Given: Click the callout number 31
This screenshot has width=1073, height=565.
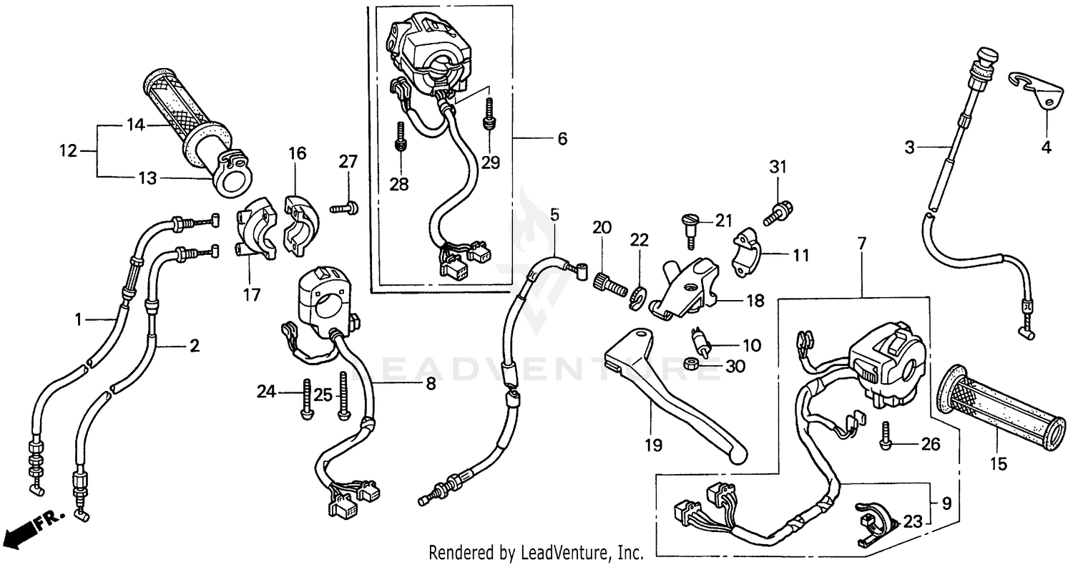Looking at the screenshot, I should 777,167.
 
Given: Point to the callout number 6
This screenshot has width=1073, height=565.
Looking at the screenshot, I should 562,139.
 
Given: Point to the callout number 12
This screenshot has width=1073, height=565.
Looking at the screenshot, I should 67,151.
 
